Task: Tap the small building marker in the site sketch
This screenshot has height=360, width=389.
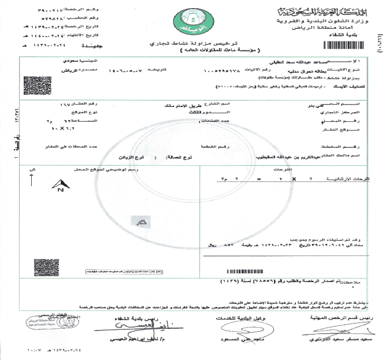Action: click(139, 221)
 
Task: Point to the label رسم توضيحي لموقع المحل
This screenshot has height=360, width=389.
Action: click(121, 169)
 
